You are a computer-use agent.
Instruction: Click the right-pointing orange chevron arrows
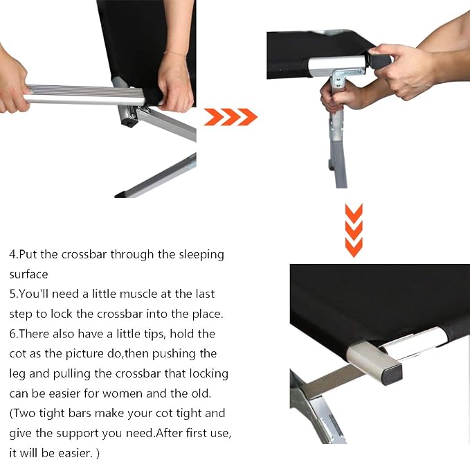click(x=231, y=116)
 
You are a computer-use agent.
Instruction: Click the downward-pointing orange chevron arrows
click(x=354, y=230)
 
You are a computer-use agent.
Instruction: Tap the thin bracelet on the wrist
click(x=174, y=54)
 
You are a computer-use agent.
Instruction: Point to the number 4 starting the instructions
click(x=12, y=254)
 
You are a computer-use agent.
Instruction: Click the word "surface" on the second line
click(x=28, y=274)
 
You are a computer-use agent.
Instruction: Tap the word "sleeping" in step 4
click(x=201, y=255)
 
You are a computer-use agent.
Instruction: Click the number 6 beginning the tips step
click(x=12, y=334)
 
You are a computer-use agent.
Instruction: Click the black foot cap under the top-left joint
click(x=129, y=123)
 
